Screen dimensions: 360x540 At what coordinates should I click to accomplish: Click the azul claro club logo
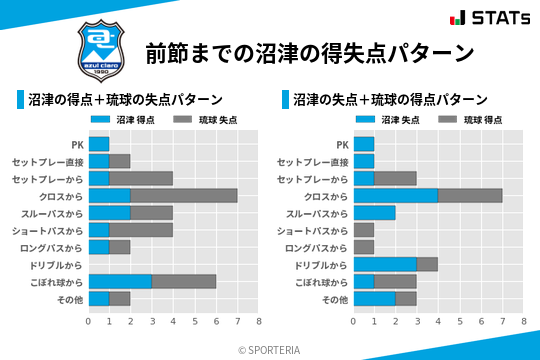coord(100,51)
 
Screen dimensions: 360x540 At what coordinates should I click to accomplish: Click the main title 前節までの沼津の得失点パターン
coord(308,52)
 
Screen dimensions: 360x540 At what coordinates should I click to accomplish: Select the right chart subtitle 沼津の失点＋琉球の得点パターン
coord(390,100)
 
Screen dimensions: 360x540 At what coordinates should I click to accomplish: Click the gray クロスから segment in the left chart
coord(184,195)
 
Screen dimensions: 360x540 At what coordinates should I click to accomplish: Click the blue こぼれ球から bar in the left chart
coord(121,281)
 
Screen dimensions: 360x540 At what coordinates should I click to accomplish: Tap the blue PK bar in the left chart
coord(99,144)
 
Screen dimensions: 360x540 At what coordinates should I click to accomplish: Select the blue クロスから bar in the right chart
coord(396,195)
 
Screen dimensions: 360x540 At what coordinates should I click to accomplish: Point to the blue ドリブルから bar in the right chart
coord(385,264)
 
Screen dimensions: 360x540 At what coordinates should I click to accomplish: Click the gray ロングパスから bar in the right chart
coord(364,247)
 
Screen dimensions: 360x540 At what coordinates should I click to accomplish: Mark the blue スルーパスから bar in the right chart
coord(375,213)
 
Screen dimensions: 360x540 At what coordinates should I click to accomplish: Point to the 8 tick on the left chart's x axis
coord(259,321)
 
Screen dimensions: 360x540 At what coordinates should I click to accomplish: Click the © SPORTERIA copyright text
coord(269,349)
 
